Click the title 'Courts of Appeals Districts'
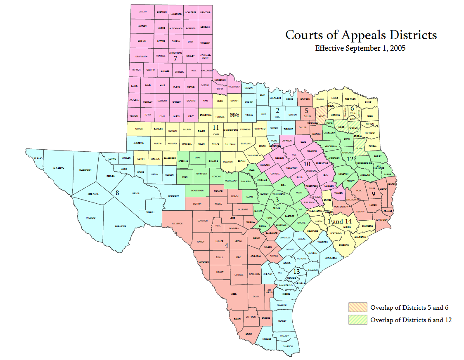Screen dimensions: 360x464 tap(361, 35)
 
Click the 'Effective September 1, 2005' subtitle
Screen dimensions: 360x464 tap(360, 48)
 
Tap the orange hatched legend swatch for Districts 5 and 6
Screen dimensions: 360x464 tap(357, 307)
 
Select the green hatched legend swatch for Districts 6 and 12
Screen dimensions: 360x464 tap(357, 320)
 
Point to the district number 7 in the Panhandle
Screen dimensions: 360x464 tap(175, 58)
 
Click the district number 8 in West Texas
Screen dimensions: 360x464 tap(117, 193)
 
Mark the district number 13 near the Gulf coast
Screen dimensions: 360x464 tap(296, 272)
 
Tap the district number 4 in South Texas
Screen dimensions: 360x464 tap(226, 245)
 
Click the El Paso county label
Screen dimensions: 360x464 tap(38, 158)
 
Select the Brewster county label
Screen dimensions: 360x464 tap(121, 226)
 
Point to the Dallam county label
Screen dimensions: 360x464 tap(142, 12)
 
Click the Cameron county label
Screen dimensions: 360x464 tap(287, 346)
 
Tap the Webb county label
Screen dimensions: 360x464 tap(234, 294)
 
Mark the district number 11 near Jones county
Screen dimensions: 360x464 tap(215, 128)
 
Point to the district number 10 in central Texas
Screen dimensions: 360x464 tap(307, 164)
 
